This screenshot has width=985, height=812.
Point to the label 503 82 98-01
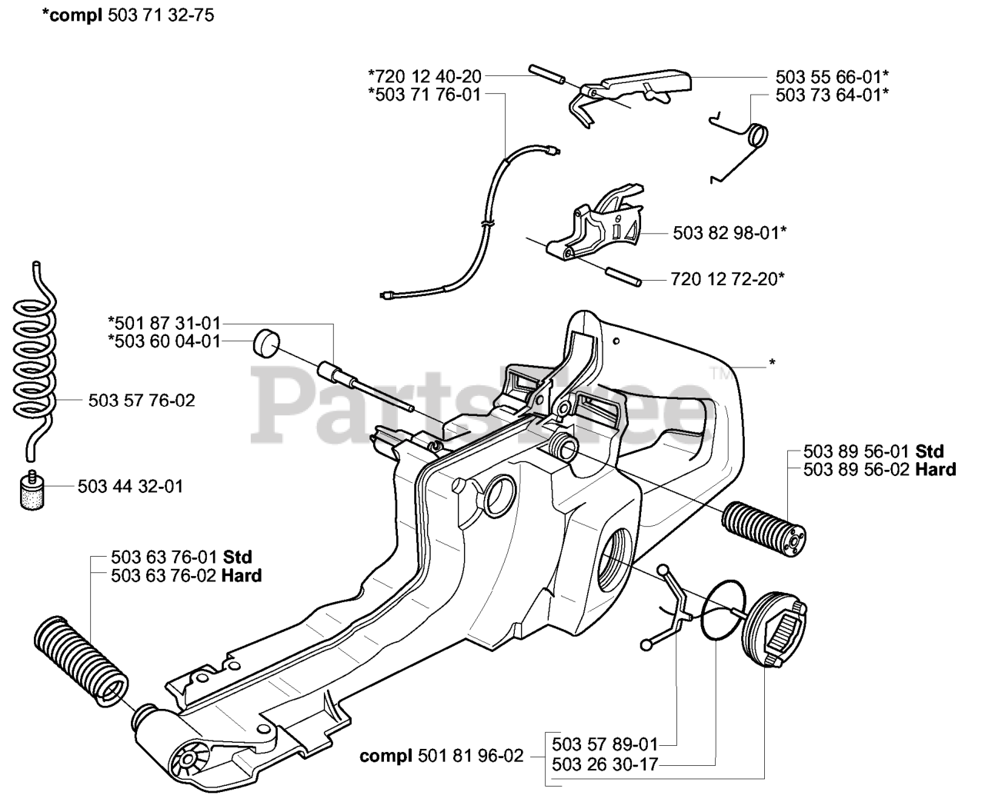[x=730, y=232]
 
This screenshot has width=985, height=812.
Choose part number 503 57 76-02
[x=142, y=400]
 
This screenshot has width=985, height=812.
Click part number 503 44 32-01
[x=131, y=486]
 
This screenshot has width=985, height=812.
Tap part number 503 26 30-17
[x=605, y=764]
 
